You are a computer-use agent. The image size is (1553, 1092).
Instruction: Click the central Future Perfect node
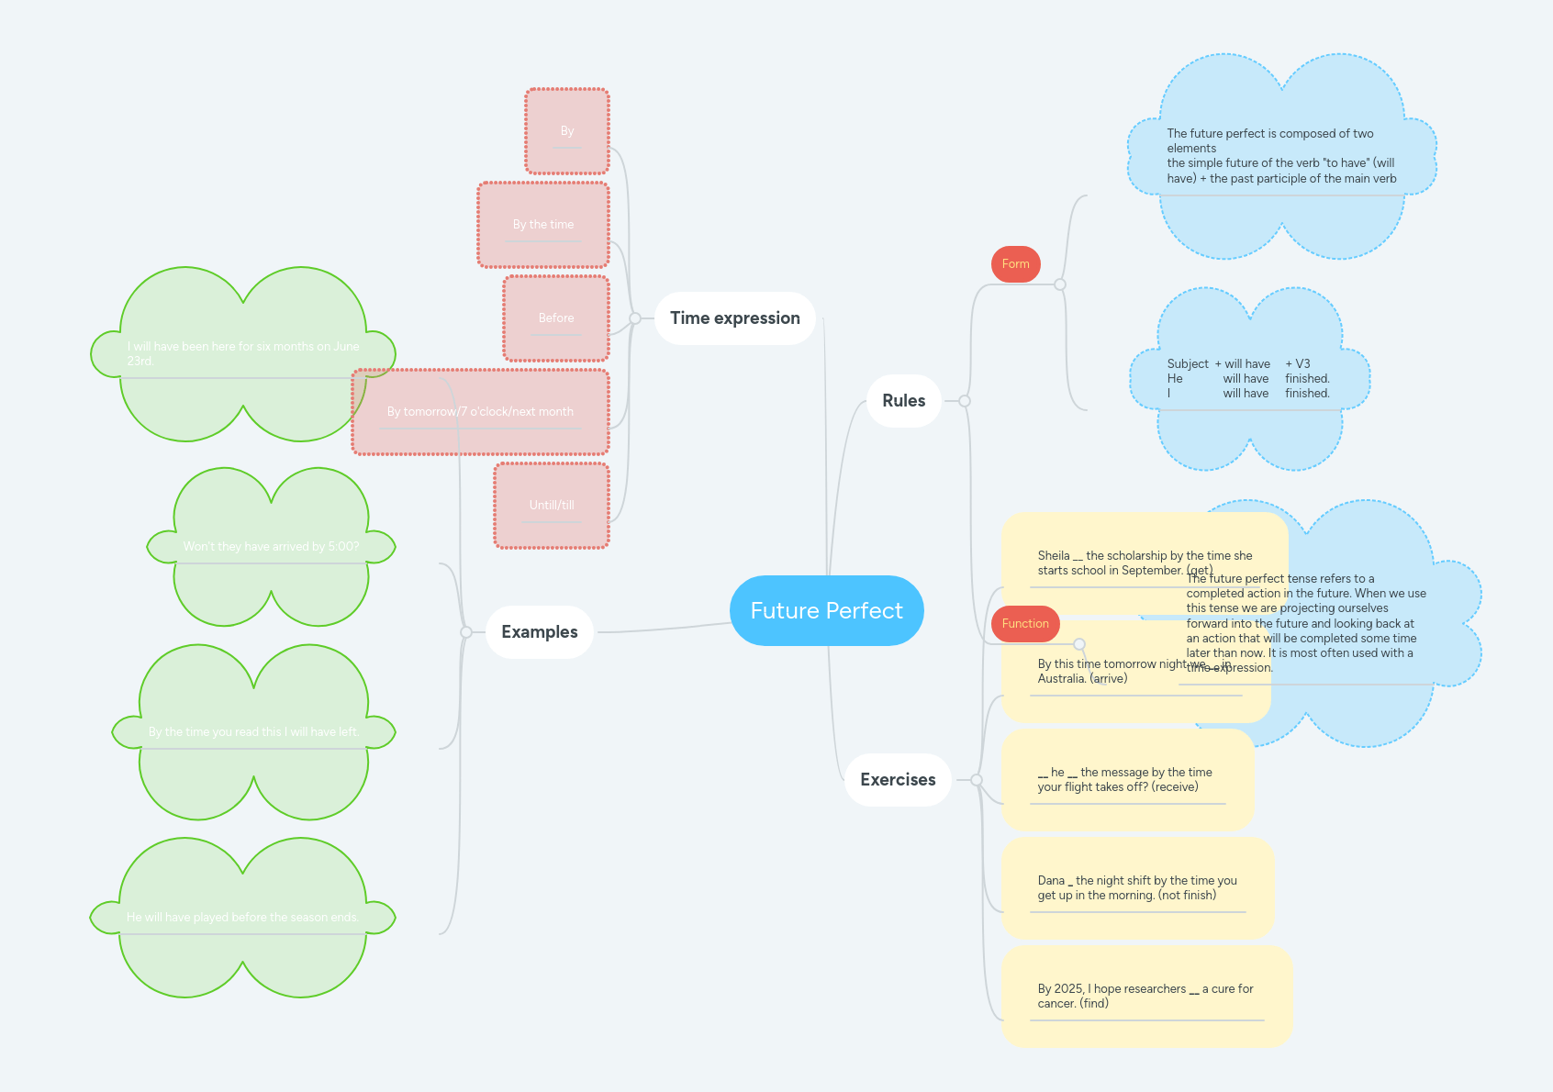(x=826, y=610)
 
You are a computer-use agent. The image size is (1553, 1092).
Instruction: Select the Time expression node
(x=734, y=318)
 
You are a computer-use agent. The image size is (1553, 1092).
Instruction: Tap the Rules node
(x=903, y=401)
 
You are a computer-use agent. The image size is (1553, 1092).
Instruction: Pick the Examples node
(x=539, y=632)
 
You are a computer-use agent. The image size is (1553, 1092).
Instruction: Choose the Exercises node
(x=897, y=780)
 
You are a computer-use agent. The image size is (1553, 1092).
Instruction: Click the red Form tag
(x=1015, y=264)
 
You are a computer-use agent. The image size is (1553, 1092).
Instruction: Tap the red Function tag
(x=1024, y=624)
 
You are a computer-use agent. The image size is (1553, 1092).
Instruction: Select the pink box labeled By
(x=567, y=131)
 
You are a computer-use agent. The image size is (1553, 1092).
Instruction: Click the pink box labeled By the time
(x=543, y=225)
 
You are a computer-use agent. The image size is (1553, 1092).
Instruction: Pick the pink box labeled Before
(x=556, y=318)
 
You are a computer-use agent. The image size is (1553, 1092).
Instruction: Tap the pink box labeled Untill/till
(x=552, y=506)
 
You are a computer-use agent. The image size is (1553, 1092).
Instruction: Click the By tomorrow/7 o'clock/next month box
(x=480, y=412)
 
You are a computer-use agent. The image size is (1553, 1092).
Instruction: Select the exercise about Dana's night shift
(x=1137, y=887)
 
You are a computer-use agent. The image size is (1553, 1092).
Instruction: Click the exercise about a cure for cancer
(x=1145, y=996)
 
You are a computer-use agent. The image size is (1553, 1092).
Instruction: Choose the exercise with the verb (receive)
(x=1126, y=779)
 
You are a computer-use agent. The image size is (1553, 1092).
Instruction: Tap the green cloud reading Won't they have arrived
(x=271, y=547)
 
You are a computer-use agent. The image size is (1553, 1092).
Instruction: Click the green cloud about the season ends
(x=242, y=918)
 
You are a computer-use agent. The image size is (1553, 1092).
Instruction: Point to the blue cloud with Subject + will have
(x=1248, y=379)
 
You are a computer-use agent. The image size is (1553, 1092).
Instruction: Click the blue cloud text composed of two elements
(x=1281, y=156)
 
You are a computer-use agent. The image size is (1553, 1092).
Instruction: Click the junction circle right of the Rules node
(x=965, y=401)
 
